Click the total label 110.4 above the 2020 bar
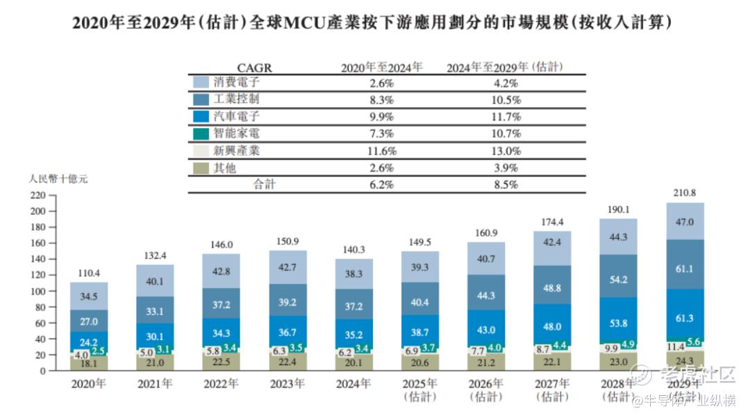click(x=89, y=273)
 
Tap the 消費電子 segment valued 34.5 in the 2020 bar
click(x=89, y=296)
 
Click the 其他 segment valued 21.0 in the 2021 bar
click(x=156, y=361)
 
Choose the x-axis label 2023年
click(x=288, y=383)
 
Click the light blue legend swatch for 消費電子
click(x=201, y=83)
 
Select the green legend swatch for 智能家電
click(x=201, y=134)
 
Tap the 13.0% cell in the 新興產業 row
click(x=504, y=151)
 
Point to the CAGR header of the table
click(x=254, y=67)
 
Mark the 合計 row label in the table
click(x=264, y=185)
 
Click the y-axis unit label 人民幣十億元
click(x=58, y=179)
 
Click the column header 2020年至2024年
click(x=381, y=67)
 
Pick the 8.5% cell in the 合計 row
click(x=504, y=185)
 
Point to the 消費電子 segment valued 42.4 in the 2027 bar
click(x=552, y=243)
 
